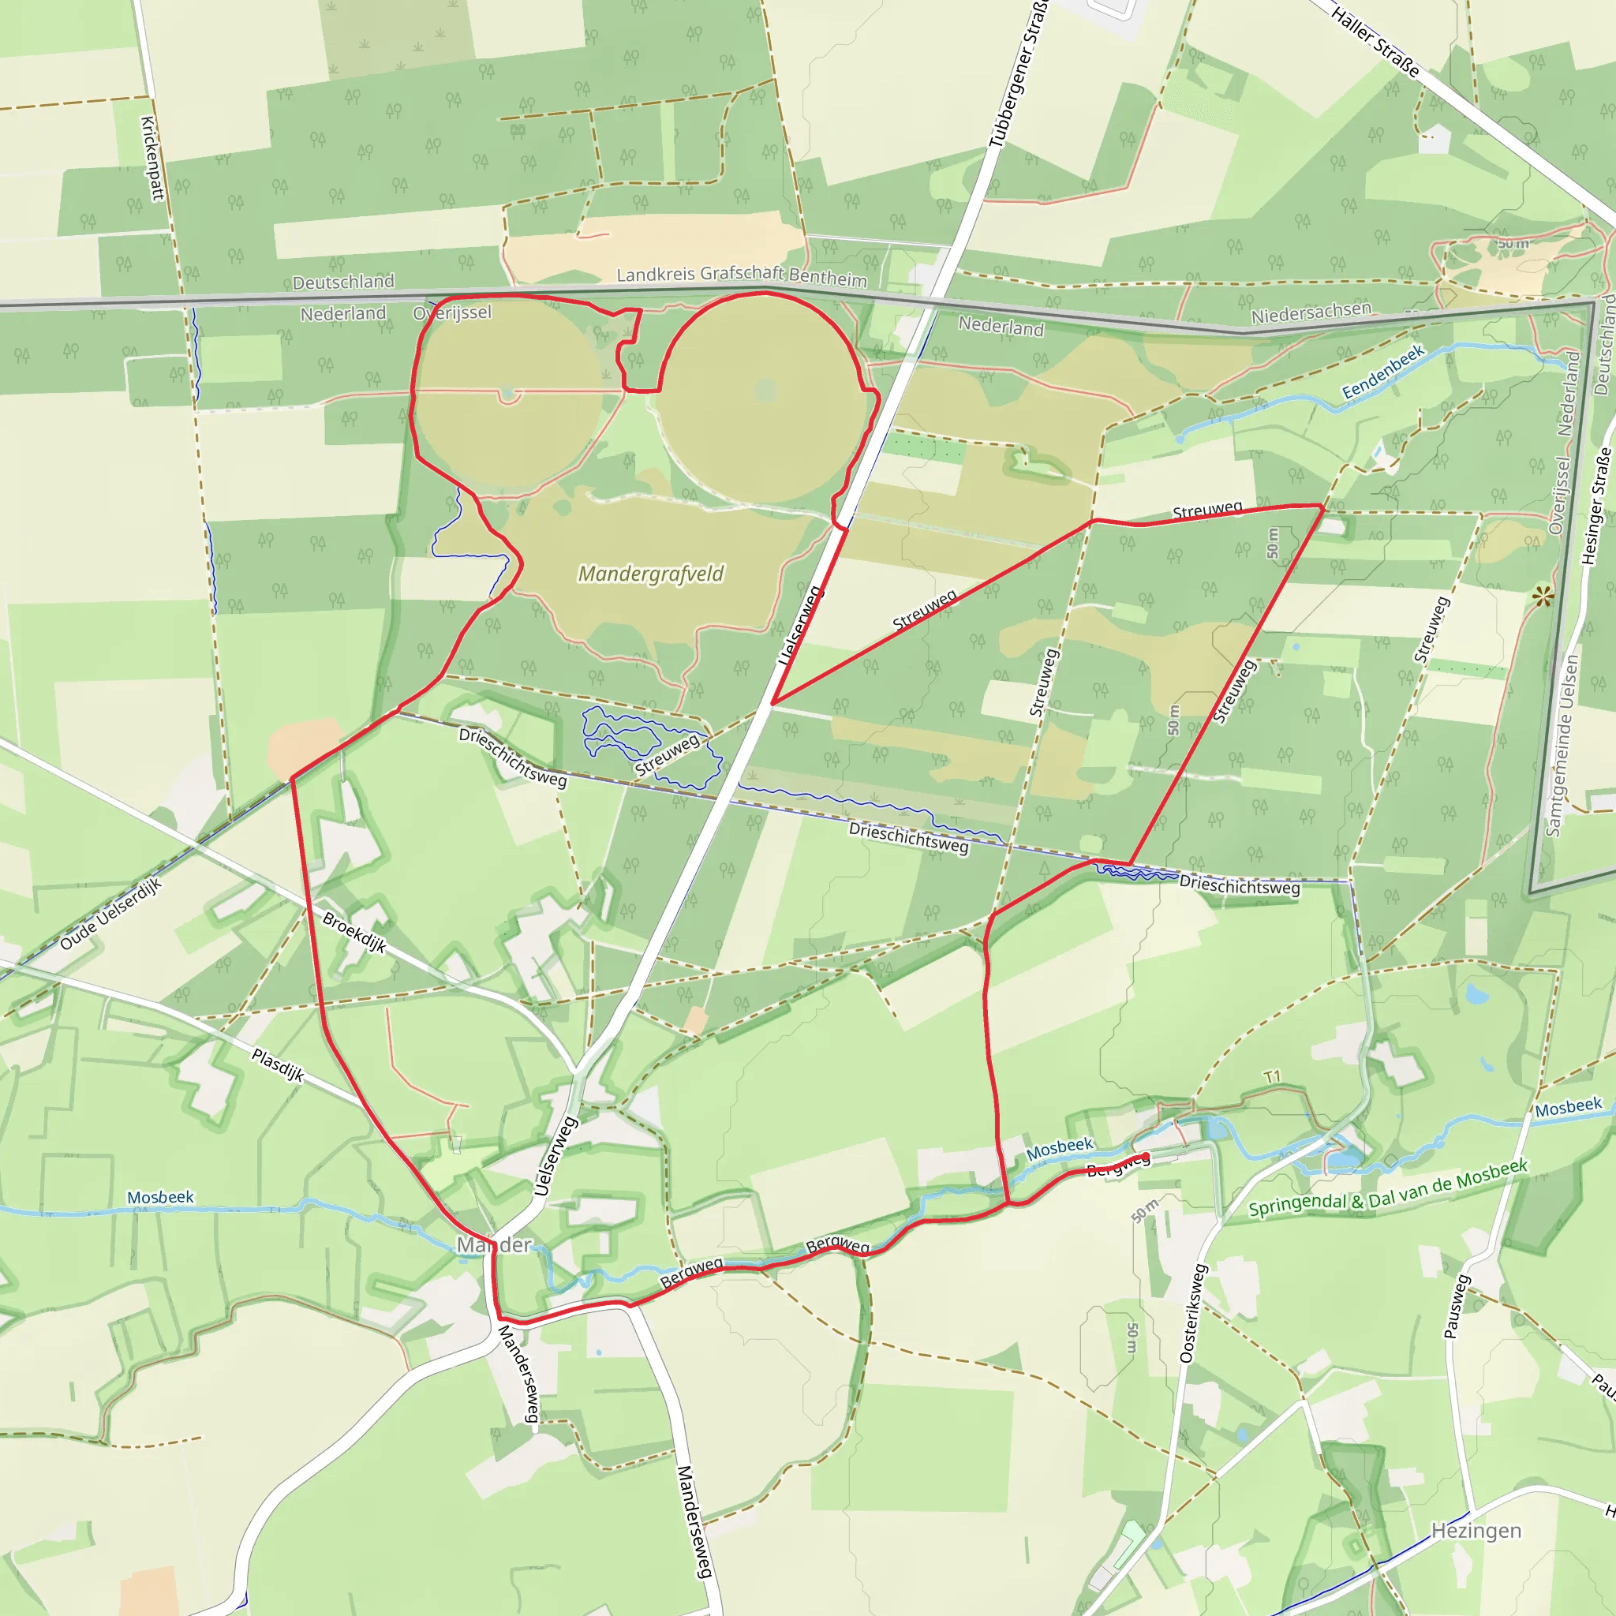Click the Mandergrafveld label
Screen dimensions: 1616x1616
pos(651,574)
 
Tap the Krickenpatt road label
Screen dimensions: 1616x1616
pos(151,158)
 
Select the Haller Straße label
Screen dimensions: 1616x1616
pos(1375,42)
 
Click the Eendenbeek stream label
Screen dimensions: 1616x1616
pos(1382,372)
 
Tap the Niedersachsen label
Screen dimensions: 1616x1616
pos(1311,312)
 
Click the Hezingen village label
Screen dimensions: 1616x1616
pos(1476,1531)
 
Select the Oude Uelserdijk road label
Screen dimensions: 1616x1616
pos(110,914)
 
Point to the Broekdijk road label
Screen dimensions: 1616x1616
pos(354,933)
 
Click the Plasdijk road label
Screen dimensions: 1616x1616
pos(278,1064)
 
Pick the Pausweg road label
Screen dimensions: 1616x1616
pos(1457,1306)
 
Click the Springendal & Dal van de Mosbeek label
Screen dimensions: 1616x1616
pos(1388,1188)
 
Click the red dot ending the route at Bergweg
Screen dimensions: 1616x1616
pos(1145,1156)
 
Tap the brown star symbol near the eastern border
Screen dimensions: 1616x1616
pos(1543,597)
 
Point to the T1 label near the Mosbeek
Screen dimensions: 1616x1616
pos(1272,1077)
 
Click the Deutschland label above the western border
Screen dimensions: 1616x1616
pos(343,282)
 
